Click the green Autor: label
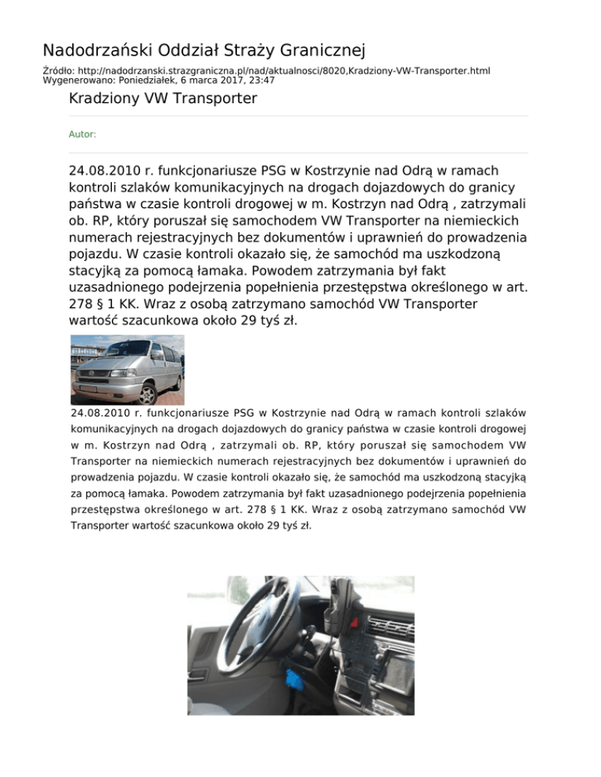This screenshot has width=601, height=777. tap(82, 134)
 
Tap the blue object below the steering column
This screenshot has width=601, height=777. tap(297, 677)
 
